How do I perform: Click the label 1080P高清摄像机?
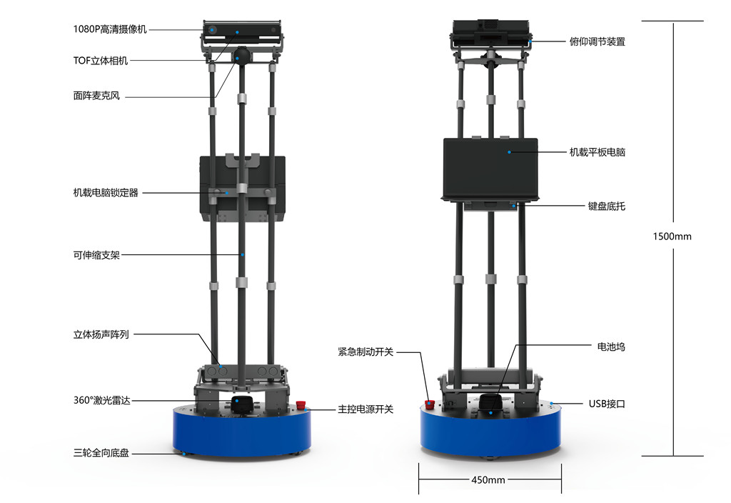click(110, 29)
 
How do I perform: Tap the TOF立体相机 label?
click(100, 61)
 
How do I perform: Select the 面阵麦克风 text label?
click(96, 96)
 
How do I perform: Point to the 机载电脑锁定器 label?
click(106, 193)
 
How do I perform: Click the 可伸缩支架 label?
click(96, 255)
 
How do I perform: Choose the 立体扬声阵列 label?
click(101, 334)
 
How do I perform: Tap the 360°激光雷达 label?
click(101, 400)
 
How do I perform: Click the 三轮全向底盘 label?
click(101, 452)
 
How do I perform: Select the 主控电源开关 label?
click(365, 409)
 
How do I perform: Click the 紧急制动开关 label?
click(365, 352)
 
